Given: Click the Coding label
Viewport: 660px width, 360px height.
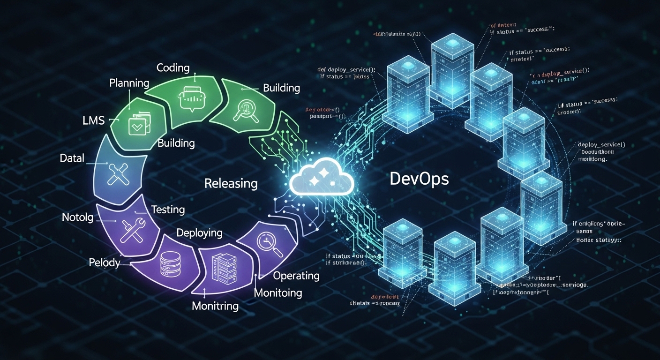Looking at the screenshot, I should pos(173,67).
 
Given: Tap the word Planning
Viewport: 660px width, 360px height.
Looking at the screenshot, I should pos(129,83).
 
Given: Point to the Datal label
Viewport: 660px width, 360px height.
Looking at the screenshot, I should pos(72,158).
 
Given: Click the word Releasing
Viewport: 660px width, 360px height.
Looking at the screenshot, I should pos(231,183).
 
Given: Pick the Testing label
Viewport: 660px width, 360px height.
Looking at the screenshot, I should pos(168,210).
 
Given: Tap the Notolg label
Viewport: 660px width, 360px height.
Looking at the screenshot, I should pos(78,217).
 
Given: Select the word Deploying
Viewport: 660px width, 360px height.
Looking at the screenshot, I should pos(199,233).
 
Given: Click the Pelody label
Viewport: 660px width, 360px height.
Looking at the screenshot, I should pos(105,262).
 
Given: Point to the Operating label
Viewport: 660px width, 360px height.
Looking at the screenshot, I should pos(296,276).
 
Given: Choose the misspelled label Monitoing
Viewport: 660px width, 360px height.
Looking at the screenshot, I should pos(278,293).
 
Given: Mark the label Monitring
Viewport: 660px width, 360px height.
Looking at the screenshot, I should pos(215,306).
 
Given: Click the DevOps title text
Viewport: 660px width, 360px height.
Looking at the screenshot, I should pos(419,179).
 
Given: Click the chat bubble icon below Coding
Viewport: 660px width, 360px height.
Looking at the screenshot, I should pos(193,98).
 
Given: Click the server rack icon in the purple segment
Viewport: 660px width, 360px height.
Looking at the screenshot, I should pos(223,269).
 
